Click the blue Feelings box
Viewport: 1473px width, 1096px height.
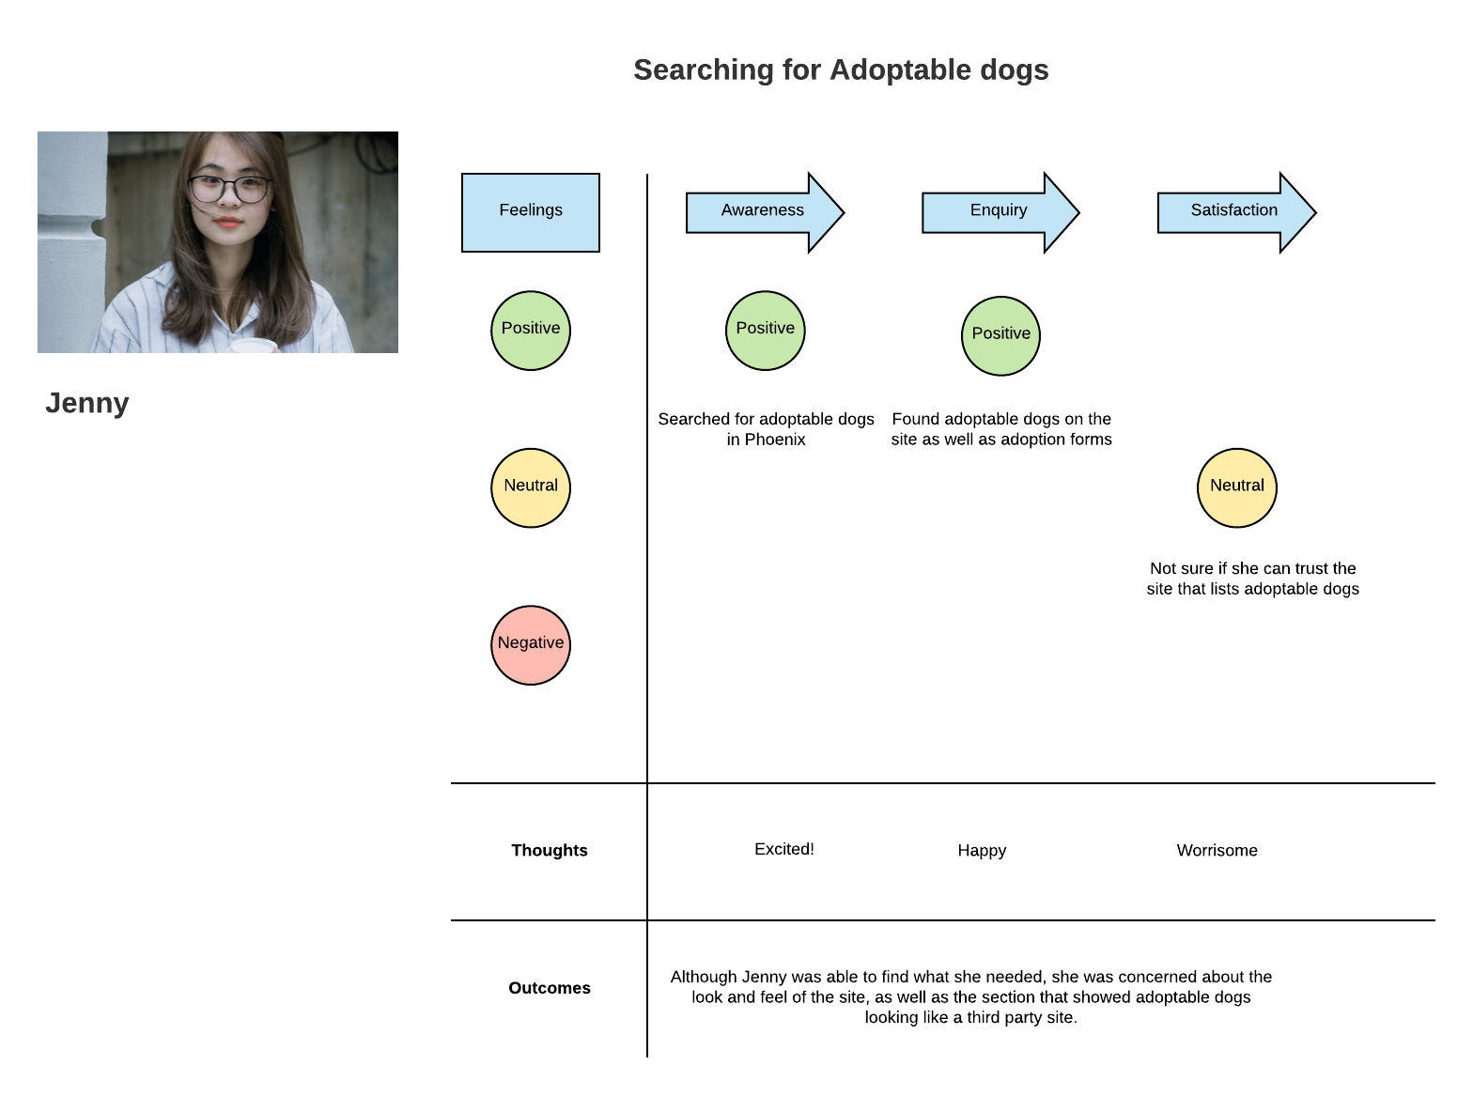pyautogui.click(x=530, y=212)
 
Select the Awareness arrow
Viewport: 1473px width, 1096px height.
pyautogui.click(x=764, y=212)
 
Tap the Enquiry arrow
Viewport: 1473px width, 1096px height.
pyautogui.click(x=1000, y=212)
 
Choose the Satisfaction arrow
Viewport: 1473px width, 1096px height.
pyautogui.click(x=1235, y=212)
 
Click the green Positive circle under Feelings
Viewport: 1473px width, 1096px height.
pyautogui.click(x=530, y=331)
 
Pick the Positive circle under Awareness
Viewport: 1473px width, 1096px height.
pyautogui.click(x=765, y=331)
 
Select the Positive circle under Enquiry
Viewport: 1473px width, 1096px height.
pyautogui.click(x=1000, y=335)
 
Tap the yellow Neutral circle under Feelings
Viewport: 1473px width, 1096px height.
pyautogui.click(x=530, y=487)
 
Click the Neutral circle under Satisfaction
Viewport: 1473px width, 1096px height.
pyautogui.click(x=1236, y=487)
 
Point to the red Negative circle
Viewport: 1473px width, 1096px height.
pyautogui.click(x=530, y=644)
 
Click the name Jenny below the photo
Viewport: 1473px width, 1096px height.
pyautogui.click(x=87, y=403)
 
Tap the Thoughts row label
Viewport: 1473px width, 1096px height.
pyautogui.click(x=550, y=850)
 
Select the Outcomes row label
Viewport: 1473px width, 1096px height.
pyautogui.click(x=550, y=987)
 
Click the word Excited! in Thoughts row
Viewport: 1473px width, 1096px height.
pyautogui.click(x=783, y=848)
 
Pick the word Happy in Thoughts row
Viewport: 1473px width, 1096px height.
pyautogui.click(x=982, y=850)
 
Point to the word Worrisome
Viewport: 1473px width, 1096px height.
pyautogui.click(x=1217, y=850)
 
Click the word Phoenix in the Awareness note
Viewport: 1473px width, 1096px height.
pyautogui.click(x=774, y=440)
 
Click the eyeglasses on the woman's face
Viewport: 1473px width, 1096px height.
pyautogui.click(x=229, y=188)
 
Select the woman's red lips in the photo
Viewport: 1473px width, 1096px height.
pyautogui.click(x=227, y=222)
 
